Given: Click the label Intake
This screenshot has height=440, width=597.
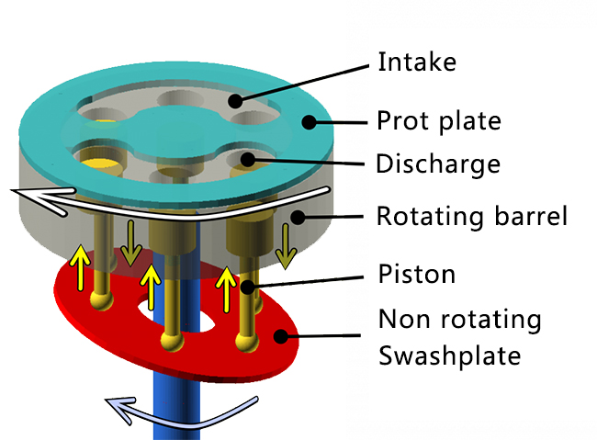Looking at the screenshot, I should tap(418, 63).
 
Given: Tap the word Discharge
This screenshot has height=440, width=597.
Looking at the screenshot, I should tap(438, 164).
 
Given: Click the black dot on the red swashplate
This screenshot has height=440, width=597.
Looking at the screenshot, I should tap(283, 336).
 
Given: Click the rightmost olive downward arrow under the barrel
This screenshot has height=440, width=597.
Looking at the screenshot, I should tap(286, 249).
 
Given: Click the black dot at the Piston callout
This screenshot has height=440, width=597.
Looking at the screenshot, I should tap(246, 288).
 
